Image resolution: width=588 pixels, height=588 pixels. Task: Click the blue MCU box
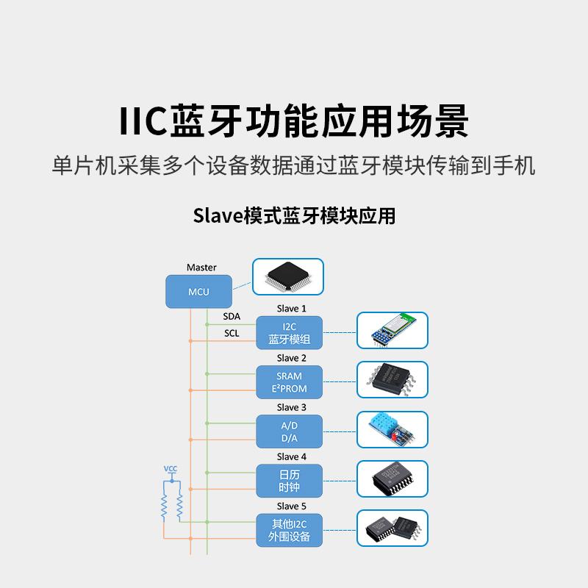point(198,291)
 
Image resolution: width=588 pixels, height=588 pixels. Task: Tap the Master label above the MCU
point(201,268)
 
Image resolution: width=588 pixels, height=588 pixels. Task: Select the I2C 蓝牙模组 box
point(289,332)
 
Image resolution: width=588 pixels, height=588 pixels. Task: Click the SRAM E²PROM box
point(289,381)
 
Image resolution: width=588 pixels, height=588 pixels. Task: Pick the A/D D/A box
point(289,431)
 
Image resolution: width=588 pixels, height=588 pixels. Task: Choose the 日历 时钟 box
point(289,481)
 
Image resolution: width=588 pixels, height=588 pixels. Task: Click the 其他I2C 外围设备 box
point(289,530)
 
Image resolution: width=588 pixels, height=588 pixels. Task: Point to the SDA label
point(232,317)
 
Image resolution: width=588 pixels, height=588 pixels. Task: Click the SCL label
point(232,334)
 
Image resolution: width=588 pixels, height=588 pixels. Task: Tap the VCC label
point(171,468)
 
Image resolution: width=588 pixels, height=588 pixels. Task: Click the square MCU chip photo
point(288,277)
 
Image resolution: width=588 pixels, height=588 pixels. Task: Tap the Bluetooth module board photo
point(392,331)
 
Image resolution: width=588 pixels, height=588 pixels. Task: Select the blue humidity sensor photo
point(392,429)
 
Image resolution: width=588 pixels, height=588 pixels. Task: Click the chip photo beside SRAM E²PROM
point(392,380)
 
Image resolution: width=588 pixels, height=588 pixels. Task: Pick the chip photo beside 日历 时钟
point(392,478)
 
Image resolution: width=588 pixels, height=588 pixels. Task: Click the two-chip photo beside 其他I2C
point(392,528)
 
